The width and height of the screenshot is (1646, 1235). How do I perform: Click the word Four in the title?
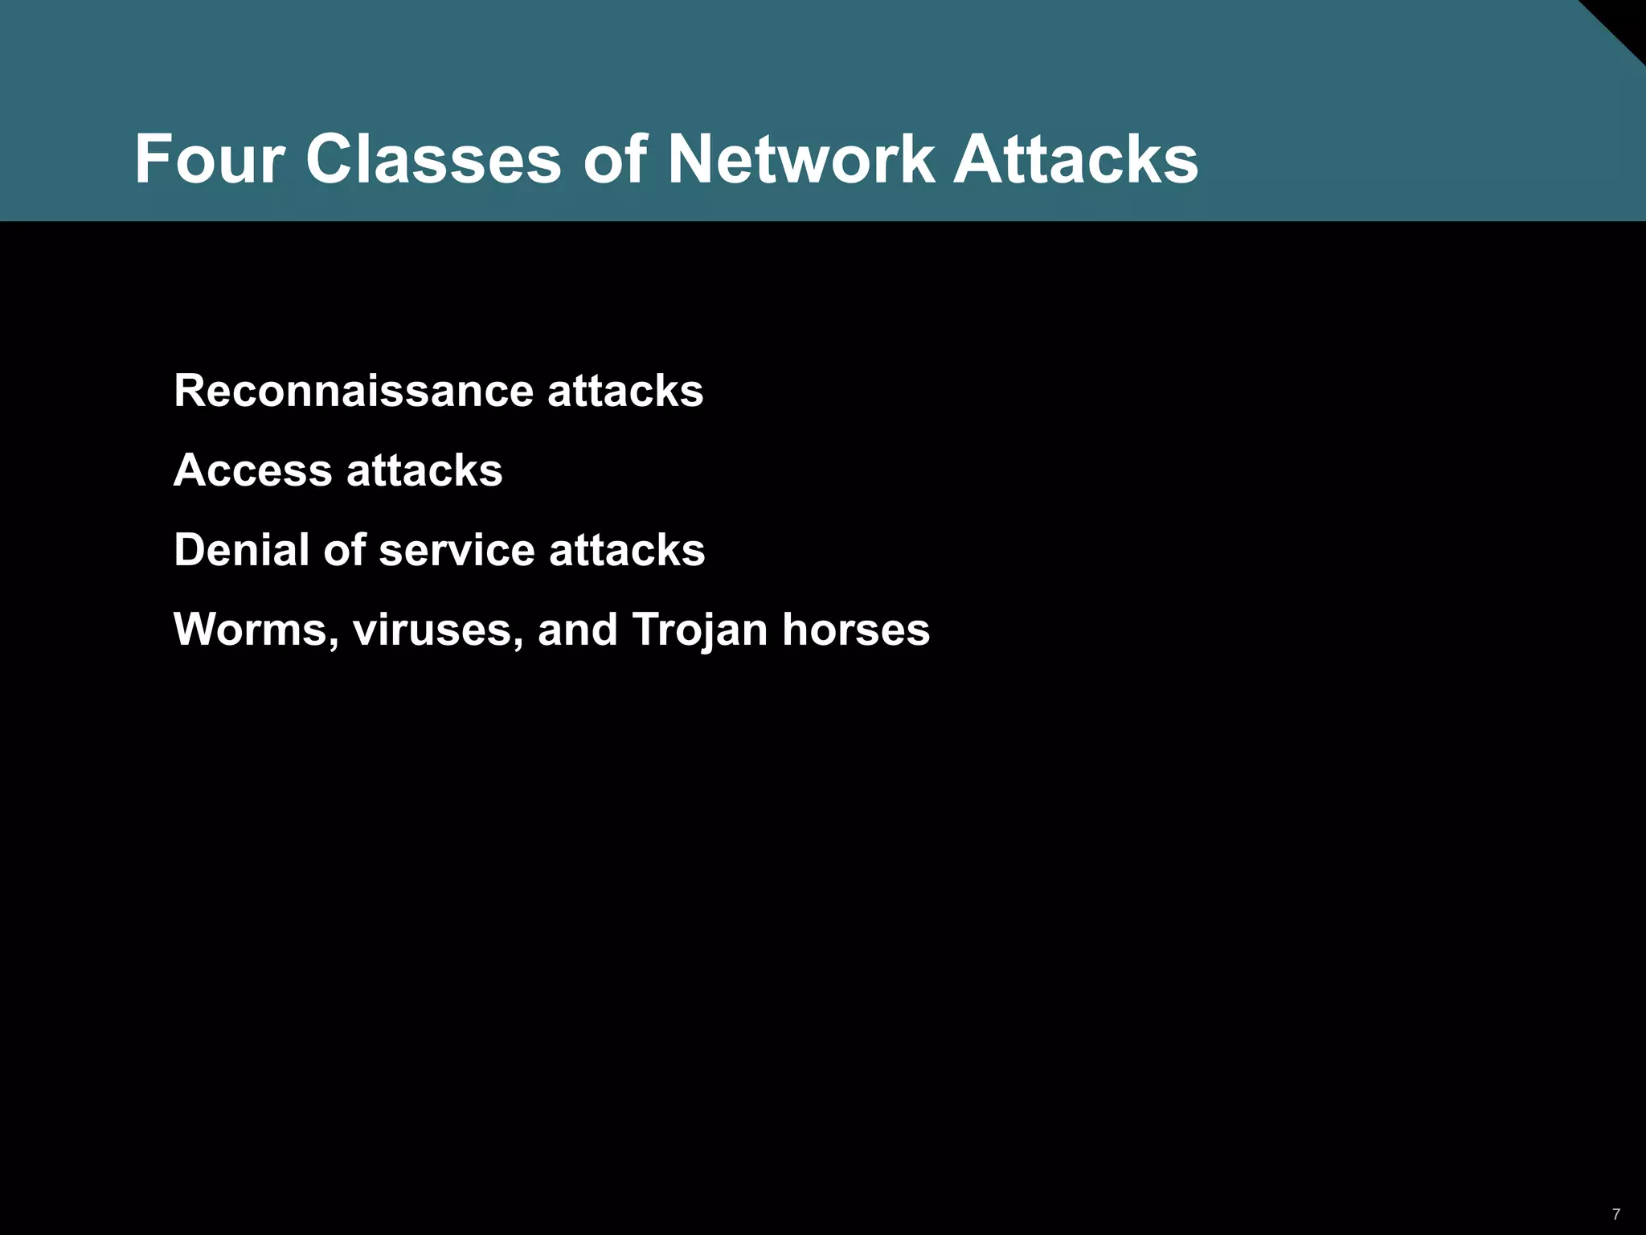point(209,159)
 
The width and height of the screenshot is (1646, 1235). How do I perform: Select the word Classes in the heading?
point(433,159)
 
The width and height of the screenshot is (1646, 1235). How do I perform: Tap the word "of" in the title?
point(615,159)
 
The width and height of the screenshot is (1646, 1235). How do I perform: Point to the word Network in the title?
point(800,159)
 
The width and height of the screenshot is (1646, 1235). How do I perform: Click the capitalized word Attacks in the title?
point(1075,159)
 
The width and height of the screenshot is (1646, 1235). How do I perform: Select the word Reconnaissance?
point(354,392)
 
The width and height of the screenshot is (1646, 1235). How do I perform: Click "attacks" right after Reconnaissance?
point(625,392)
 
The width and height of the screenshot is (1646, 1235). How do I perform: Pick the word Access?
point(252,470)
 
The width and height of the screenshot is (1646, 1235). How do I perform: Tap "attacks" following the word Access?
point(424,470)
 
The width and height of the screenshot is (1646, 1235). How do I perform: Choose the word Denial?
point(242,550)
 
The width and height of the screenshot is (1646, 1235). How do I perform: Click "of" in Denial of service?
point(345,550)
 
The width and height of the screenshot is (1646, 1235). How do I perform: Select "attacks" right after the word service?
point(627,550)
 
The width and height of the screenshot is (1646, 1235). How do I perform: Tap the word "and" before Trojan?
point(577,630)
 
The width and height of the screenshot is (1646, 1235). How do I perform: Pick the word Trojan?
point(700,630)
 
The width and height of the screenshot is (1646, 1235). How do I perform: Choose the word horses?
point(856,630)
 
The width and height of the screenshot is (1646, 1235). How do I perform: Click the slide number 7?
point(1616,1214)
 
